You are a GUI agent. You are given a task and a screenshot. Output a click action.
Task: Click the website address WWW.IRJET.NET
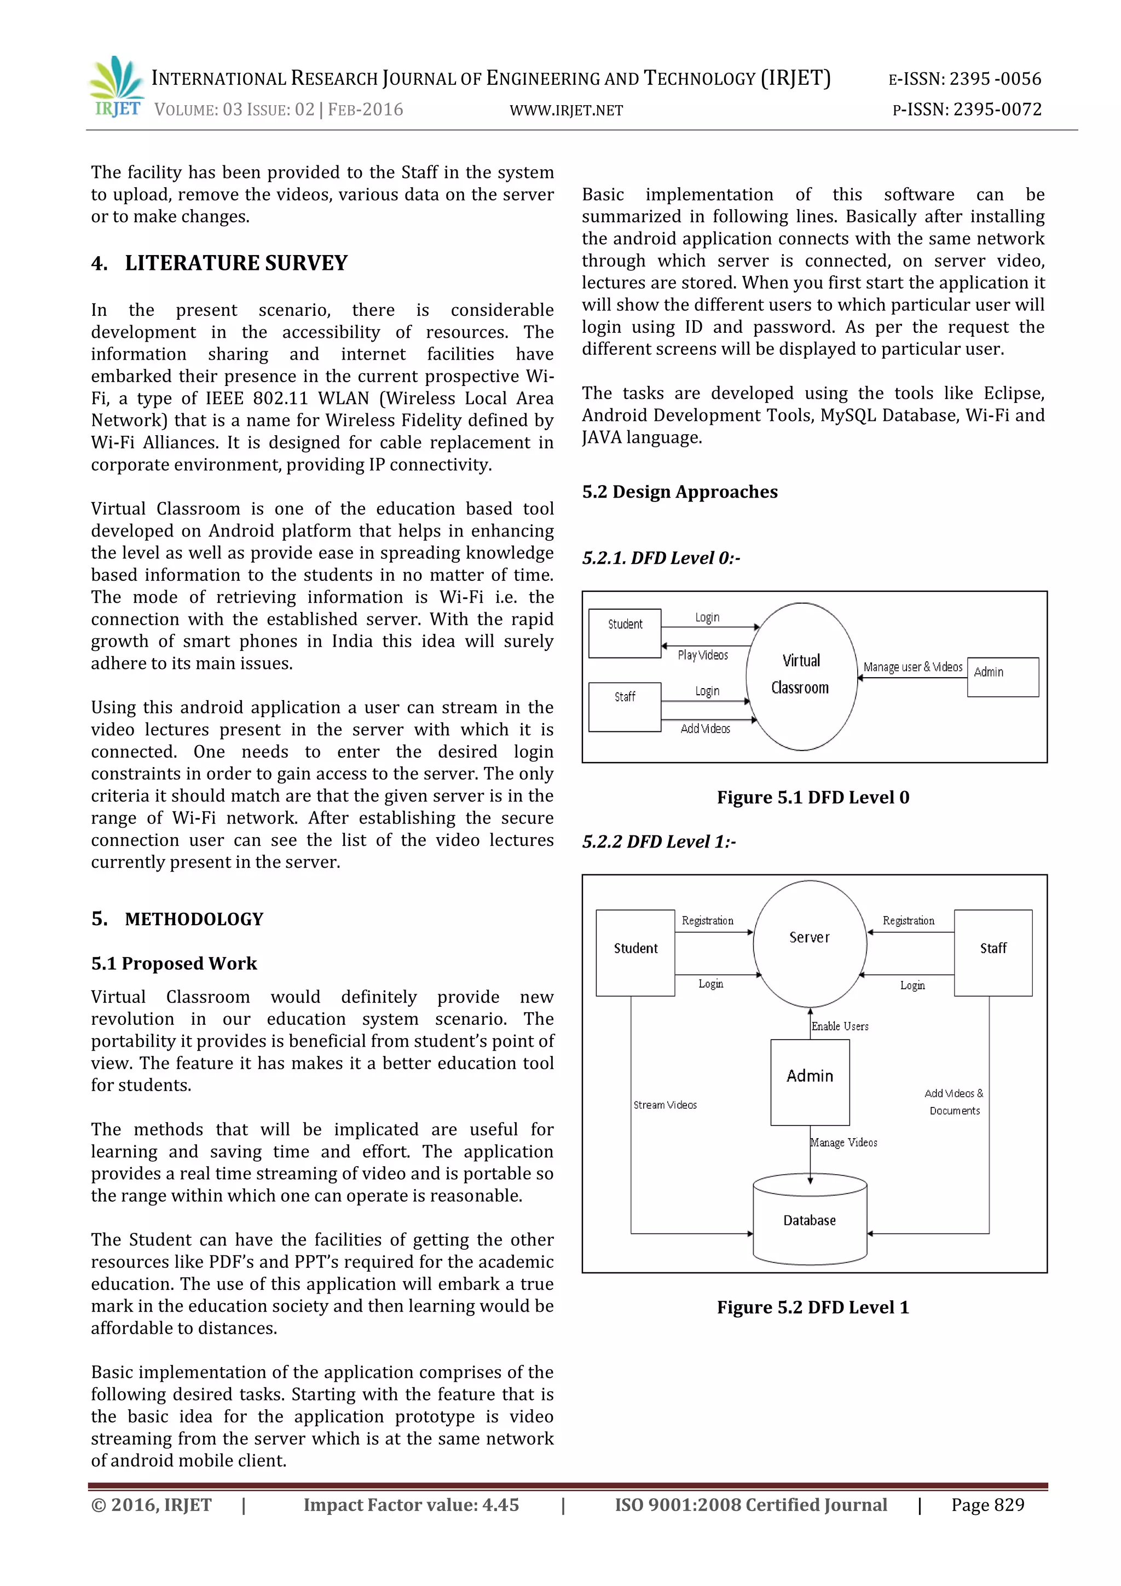[x=565, y=111]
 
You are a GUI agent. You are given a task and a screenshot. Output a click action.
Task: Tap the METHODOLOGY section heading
[x=194, y=919]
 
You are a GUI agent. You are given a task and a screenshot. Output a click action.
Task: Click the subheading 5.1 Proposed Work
[x=174, y=963]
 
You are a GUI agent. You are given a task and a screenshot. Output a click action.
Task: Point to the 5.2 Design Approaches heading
[x=680, y=492]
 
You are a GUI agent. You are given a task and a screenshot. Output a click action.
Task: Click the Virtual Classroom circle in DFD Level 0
[x=801, y=676]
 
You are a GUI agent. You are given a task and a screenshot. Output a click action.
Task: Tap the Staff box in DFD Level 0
[x=625, y=706]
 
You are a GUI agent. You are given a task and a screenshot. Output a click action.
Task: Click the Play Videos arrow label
[x=702, y=655]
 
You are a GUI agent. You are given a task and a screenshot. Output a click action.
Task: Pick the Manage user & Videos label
[x=912, y=667]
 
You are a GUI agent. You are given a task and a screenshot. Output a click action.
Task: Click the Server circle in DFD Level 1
[x=810, y=942]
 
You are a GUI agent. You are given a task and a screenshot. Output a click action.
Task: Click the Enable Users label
[x=840, y=1026]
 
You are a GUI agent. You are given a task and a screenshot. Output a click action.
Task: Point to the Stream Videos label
[x=665, y=1105]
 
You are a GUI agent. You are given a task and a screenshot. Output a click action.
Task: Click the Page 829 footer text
[x=987, y=1504]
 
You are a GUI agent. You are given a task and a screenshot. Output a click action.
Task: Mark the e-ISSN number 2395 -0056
[x=995, y=79]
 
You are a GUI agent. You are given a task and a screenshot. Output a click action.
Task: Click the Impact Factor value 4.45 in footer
[x=411, y=1504]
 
